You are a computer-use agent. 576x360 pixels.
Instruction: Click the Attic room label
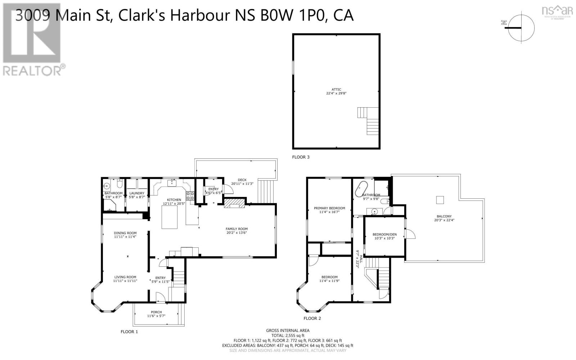click(336, 90)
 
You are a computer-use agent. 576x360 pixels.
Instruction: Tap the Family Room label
click(237, 229)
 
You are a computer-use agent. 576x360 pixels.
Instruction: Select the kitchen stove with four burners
click(190, 196)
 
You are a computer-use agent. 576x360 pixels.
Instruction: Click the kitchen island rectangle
click(170, 218)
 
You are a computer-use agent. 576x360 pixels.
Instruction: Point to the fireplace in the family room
click(234, 204)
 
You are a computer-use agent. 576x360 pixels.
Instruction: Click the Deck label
click(242, 180)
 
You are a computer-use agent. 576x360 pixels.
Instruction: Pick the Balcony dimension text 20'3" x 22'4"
click(445, 220)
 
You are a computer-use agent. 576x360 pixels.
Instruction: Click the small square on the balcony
click(440, 200)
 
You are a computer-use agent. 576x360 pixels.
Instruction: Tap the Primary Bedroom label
click(329, 208)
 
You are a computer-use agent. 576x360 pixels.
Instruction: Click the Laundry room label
click(137, 193)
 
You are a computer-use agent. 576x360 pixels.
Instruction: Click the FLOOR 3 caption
click(301, 157)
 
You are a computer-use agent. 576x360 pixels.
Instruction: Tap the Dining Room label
click(125, 233)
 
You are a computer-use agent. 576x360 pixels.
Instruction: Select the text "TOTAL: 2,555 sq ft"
click(288, 335)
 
